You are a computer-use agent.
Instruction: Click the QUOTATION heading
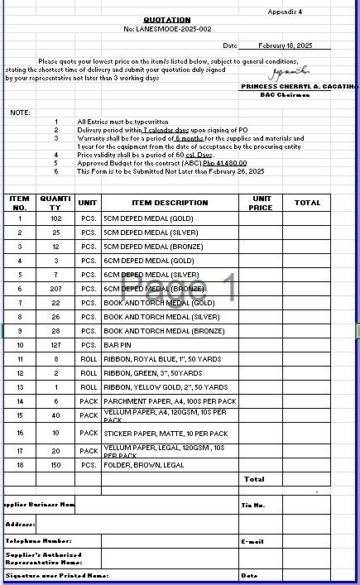tap(166, 20)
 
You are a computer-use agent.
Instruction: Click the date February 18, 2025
tap(285, 46)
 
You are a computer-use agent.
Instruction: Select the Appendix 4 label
tap(285, 12)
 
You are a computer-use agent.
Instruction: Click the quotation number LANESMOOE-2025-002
tap(167, 29)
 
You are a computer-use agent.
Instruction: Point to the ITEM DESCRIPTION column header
tap(170, 203)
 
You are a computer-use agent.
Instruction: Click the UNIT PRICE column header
tap(261, 203)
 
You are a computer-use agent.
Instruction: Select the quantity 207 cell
tap(55, 289)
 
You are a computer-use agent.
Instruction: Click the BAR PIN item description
tap(117, 345)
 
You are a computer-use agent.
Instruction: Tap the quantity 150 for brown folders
tap(55, 465)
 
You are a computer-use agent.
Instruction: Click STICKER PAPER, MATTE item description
tap(165, 434)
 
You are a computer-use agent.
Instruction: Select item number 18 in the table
tap(20, 465)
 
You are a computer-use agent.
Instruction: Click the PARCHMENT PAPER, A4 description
tap(169, 401)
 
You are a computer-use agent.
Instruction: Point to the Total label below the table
tap(254, 479)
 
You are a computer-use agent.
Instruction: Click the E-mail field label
tap(252, 541)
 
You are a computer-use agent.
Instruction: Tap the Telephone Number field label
tap(38, 540)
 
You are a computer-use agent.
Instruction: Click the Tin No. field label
tap(252, 505)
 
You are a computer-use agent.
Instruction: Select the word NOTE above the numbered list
tap(20, 112)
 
